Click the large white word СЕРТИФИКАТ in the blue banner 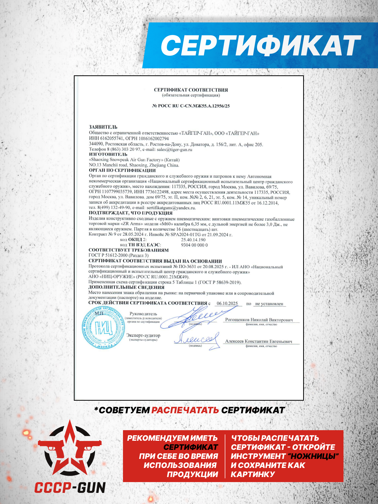pyautogui.click(x=261, y=45)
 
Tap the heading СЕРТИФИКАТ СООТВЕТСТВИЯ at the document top pyautogui.click(x=191, y=90)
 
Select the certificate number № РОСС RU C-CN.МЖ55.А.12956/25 pyautogui.click(x=191, y=106)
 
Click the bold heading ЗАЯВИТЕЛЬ pyautogui.click(x=103, y=127)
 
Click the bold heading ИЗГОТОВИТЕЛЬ pyautogui.click(x=108, y=154)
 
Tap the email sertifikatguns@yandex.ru pyautogui.click(x=171, y=208)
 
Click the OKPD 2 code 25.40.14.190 pyautogui.click(x=193, y=240)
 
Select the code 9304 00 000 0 pyautogui.click(x=194, y=245)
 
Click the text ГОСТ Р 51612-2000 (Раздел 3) pyautogui.click(x=118, y=255)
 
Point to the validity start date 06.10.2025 pyautogui.click(x=227, y=303)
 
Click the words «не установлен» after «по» pyautogui.click(x=269, y=304)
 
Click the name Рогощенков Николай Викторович pyautogui.click(x=259, y=320)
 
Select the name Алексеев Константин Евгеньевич pyautogui.click(x=259, y=341)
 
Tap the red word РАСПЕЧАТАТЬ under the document pyautogui.click(x=185, y=410)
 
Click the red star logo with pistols pyautogui.click(x=70, y=449)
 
